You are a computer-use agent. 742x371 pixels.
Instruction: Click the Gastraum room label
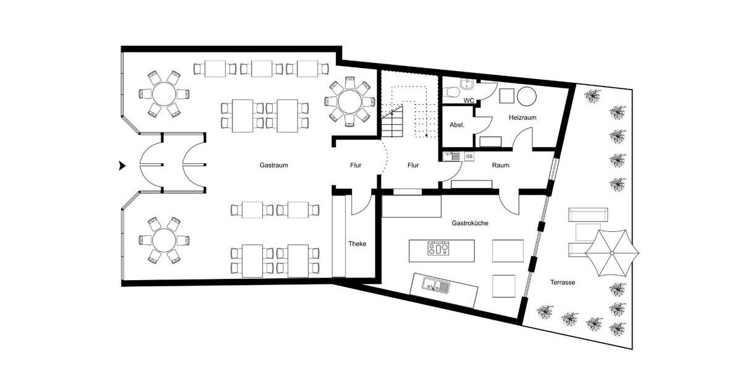point(273,166)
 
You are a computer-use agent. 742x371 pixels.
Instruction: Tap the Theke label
point(357,244)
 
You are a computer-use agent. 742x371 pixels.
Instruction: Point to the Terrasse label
point(563,282)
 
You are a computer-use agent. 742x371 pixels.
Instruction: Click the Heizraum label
point(522,117)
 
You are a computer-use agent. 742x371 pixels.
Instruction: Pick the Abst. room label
point(457,125)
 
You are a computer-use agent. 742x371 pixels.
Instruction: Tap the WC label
point(469,100)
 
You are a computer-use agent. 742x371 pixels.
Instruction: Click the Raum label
point(500,166)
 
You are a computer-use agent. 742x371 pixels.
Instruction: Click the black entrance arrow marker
point(122,166)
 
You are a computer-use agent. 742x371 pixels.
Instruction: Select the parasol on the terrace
point(612,252)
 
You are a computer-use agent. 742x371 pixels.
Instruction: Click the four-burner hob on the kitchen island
point(438,249)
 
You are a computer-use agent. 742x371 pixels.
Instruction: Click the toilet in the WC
point(451,93)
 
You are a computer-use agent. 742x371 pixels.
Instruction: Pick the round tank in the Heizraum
point(526,96)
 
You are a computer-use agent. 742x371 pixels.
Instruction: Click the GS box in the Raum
point(469,156)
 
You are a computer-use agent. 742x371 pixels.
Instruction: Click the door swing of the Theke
point(360,204)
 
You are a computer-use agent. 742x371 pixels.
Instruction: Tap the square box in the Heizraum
point(507,96)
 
